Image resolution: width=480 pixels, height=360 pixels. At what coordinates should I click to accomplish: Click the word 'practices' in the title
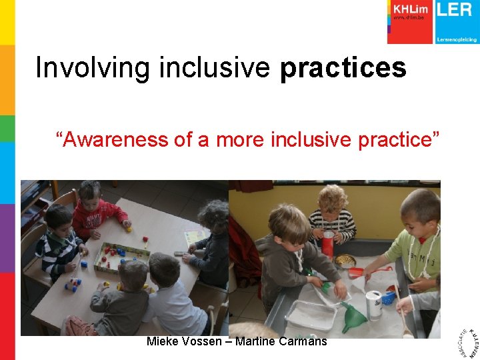pos(343,68)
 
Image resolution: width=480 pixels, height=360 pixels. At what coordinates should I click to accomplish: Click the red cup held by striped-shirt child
pos(327,244)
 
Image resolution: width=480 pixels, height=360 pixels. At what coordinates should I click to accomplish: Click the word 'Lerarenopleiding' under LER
pos(457,39)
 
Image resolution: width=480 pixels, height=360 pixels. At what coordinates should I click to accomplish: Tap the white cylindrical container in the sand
pos(374,303)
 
